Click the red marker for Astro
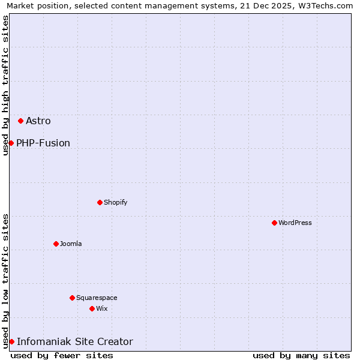[x=20, y=121]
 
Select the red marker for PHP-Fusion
[x=11, y=143]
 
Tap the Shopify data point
[x=100, y=202]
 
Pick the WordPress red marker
[x=274, y=223]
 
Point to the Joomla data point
[x=56, y=244]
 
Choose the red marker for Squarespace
[x=72, y=298]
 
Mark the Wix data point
[x=92, y=308]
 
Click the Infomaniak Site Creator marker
[x=11, y=341]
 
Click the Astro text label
[x=38, y=121]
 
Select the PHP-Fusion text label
[x=43, y=143]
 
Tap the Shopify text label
[x=116, y=202]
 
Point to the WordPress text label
[x=295, y=223]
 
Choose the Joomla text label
[x=71, y=244]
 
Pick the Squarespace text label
[x=97, y=298]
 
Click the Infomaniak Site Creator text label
[x=75, y=341]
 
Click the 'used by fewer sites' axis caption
[x=62, y=355]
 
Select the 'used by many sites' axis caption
[x=301, y=355]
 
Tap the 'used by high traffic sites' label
[x=5, y=85]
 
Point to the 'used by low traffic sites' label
[x=5, y=281]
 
